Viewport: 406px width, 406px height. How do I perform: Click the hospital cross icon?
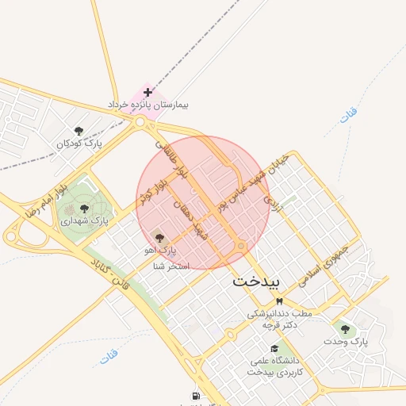point(147,93)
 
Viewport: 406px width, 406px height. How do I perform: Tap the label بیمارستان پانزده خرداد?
point(155,105)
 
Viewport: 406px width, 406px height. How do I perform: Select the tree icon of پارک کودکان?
point(78,131)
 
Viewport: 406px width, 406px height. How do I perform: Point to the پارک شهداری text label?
point(83,220)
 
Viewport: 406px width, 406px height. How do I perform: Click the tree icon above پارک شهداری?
point(84,208)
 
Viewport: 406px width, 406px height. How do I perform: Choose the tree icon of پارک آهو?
point(159,238)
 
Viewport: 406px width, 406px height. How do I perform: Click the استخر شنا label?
point(171,266)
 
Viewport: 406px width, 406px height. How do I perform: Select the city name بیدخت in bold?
point(256,281)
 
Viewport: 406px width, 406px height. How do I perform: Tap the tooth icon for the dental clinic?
point(278,301)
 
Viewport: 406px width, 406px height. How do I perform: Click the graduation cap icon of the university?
point(274,348)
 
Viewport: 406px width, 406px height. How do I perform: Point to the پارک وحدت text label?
point(347,341)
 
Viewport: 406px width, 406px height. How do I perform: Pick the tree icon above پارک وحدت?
point(344,328)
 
